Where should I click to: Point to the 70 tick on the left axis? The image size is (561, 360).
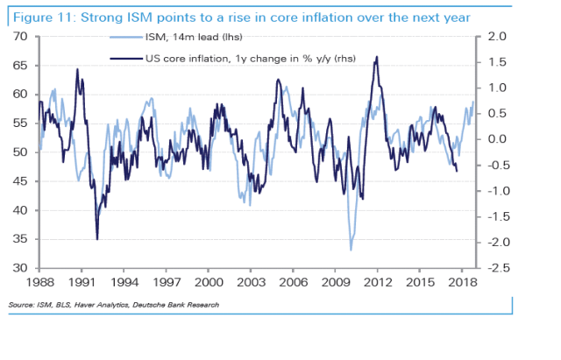pyautogui.click(x=21, y=37)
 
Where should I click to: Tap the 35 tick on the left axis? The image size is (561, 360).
pyautogui.click(x=21, y=239)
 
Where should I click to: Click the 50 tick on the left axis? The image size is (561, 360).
pyautogui.click(x=21, y=152)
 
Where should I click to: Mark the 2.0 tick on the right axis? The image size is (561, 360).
pyautogui.click(x=495, y=37)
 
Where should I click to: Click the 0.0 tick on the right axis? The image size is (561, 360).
pyautogui.click(x=495, y=139)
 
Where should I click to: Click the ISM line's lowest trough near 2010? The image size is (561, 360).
pyautogui.click(x=352, y=251)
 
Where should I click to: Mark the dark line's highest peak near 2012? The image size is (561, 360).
pyautogui.click(x=377, y=57)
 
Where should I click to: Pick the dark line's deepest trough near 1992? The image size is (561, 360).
pyautogui.click(x=96, y=239)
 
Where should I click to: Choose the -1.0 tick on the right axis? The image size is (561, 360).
pyautogui.click(x=494, y=191)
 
